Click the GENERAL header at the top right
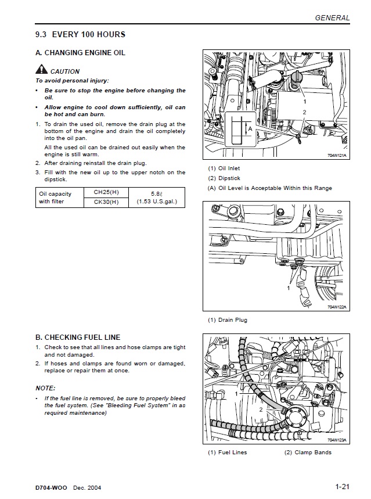point(332,18)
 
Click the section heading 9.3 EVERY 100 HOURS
point(80,35)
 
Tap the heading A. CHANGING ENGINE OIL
point(80,53)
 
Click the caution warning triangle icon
point(41,71)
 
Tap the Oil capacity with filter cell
point(55,198)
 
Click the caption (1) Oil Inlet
point(224,169)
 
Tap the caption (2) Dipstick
point(224,178)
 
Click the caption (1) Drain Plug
point(228,320)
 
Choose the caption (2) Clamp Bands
point(308,453)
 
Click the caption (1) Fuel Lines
point(228,453)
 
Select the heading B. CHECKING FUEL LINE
point(78,337)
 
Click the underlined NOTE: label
point(45,387)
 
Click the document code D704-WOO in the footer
point(52,487)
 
